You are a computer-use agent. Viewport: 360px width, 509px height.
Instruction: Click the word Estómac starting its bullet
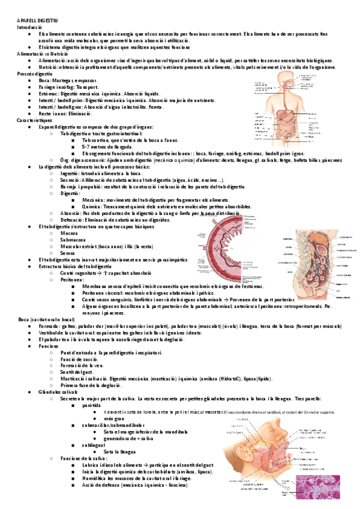(x=48, y=94)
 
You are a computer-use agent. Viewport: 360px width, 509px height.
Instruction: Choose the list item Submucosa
(x=73, y=239)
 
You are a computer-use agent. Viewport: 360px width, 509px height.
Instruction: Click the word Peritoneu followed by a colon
(x=73, y=279)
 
